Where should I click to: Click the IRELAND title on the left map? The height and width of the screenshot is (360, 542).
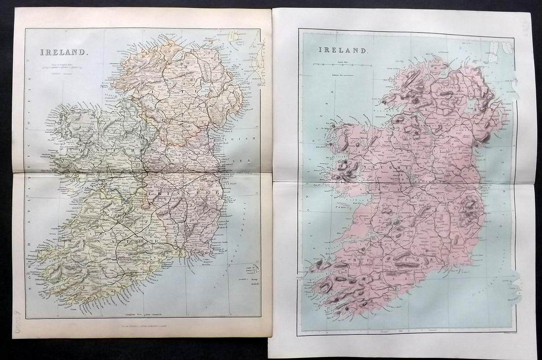(64, 51)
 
